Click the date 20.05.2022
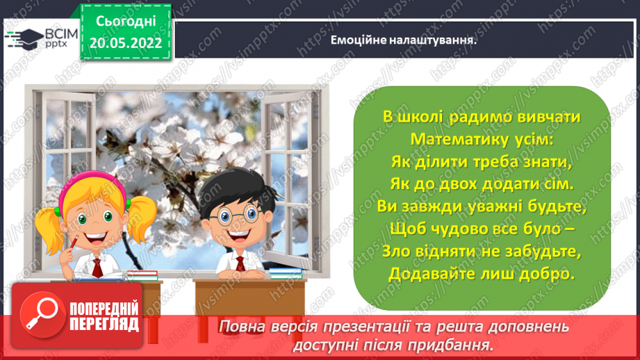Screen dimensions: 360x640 click(x=126, y=43)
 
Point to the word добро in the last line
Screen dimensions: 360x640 click(x=548, y=274)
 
